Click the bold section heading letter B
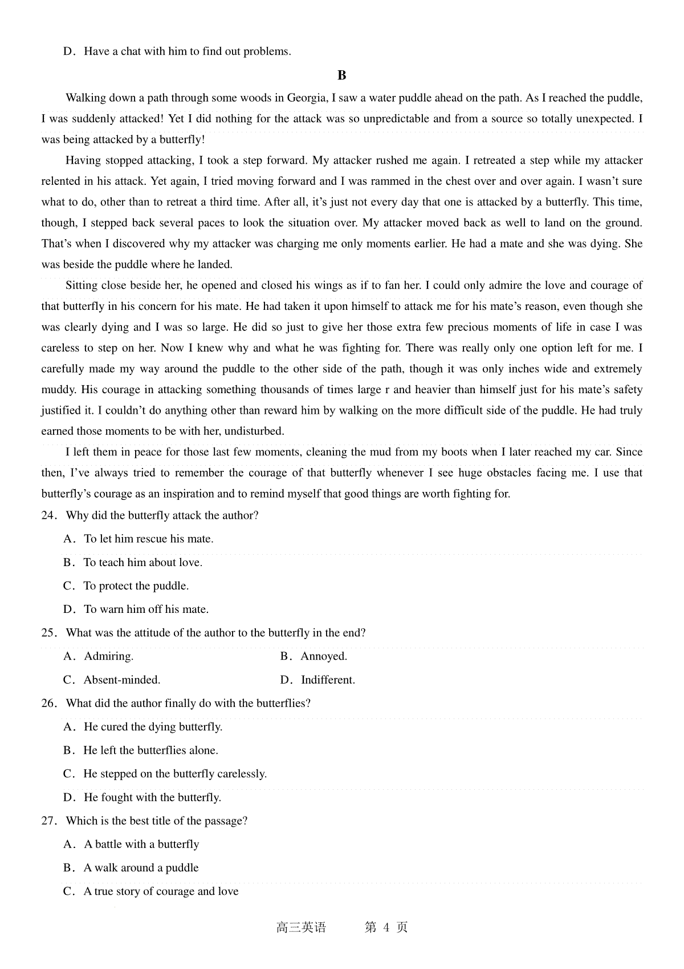coord(342,75)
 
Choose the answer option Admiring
coord(108,656)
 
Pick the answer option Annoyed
coord(324,656)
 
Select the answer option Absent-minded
coord(121,680)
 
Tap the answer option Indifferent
coord(328,680)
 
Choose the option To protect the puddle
coord(136,586)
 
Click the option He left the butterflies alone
coord(150,750)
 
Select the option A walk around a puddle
coord(141,868)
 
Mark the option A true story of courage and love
coord(161,891)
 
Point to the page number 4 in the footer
coord(386,927)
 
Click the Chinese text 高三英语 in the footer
coord(301,927)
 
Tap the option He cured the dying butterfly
coord(153,727)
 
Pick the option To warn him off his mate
coord(146,609)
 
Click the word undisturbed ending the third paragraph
coord(254,431)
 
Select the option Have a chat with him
coord(188,51)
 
